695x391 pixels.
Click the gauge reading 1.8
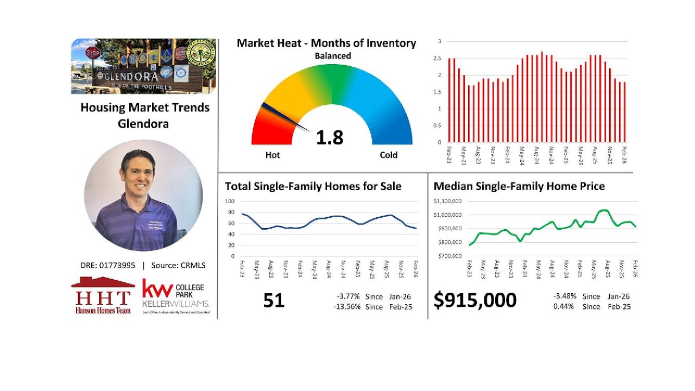tap(330, 137)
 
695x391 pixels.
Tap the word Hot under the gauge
tap(273, 155)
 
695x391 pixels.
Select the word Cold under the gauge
tap(388, 155)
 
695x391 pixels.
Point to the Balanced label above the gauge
tap(333, 56)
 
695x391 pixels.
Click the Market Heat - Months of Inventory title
tap(326, 43)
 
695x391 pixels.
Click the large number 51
tap(274, 300)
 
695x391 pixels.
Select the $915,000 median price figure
tap(475, 300)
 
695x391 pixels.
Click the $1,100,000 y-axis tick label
tap(448, 201)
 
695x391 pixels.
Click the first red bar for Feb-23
tap(450, 100)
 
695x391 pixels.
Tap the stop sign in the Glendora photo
tap(93, 53)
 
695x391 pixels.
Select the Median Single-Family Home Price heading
tap(519, 186)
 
